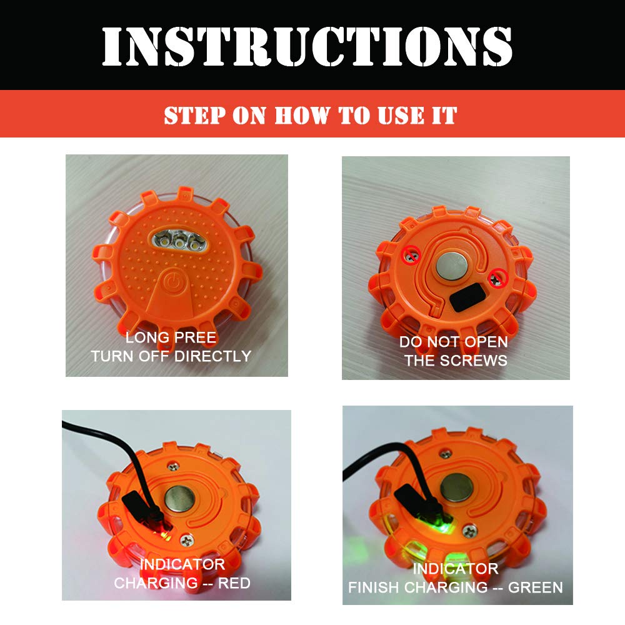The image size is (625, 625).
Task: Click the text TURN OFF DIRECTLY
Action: pyautogui.click(x=171, y=356)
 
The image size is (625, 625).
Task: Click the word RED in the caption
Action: pyautogui.click(x=232, y=583)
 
